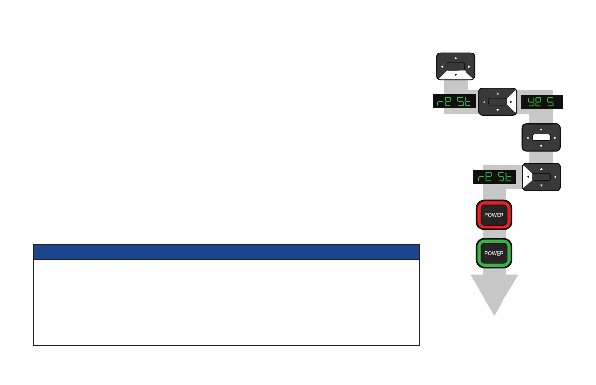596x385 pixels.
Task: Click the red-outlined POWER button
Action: tap(494, 214)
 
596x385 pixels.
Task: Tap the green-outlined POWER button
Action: tap(494, 253)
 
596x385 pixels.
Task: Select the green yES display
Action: tap(541, 102)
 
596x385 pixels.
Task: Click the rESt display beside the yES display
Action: tap(454, 102)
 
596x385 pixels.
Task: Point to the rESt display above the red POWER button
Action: tap(495, 177)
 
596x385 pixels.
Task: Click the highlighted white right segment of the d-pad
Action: tap(511, 102)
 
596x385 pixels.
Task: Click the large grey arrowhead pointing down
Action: tap(494, 294)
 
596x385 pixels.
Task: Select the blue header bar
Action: tap(226, 252)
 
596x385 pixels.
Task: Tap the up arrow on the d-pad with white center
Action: tap(541, 129)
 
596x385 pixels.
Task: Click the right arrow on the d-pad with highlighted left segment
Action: tap(555, 177)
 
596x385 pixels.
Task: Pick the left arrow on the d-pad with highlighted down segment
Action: tap(442, 66)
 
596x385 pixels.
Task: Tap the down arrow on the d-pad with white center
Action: tap(541, 146)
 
